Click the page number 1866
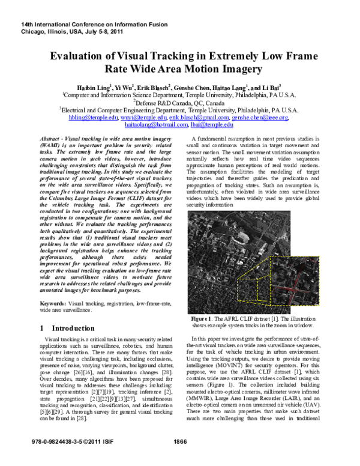pyautogui.click(x=180, y=458)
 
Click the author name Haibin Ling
pyautogui.click(x=94, y=87)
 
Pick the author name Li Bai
pyautogui.click(x=275, y=87)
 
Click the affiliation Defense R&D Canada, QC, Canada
pyautogui.click(x=180, y=103)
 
